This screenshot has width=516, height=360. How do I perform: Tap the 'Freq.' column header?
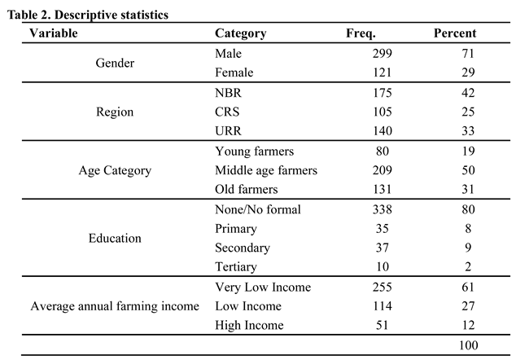tap(361, 33)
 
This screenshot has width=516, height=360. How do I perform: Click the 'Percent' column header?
tap(455, 33)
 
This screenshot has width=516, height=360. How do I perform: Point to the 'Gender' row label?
tap(115, 63)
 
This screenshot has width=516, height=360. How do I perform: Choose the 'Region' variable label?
tap(115, 112)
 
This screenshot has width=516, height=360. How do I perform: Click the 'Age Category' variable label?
tap(115, 170)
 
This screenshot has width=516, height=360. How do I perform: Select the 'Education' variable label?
tap(115, 238)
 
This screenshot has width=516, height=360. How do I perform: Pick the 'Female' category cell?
tap(234, 72)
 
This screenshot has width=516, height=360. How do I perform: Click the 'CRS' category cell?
tap(228, 112)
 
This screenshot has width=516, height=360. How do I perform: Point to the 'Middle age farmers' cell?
tap(265, 170)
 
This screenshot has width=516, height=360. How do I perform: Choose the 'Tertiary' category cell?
tap(236, 266)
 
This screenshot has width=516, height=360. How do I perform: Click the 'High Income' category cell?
tap(249, 325)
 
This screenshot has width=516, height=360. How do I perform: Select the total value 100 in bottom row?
tap(468, 345)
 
